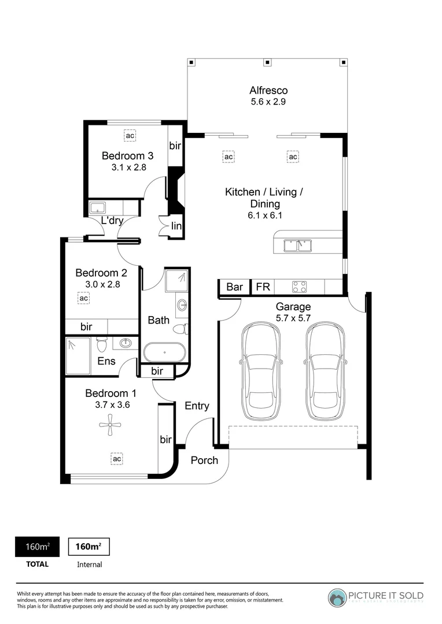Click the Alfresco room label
pos(268,90)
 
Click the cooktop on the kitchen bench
pos(299,287)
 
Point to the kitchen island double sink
pos(298,246)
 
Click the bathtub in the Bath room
pos(165,352)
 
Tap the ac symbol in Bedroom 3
pos(130,136)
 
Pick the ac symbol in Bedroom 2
pos(84,298)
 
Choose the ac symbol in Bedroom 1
pos(117,459)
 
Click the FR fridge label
pos(263,287)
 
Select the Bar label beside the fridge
pos(234,287)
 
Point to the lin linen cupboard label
pos(176,226)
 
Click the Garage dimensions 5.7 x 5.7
pos(293,318)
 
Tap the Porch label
pos(204,460)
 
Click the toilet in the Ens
pos(102,346)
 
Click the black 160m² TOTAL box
pos(36,547)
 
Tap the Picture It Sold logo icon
pos(337,597)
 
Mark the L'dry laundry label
pos(112,221)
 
